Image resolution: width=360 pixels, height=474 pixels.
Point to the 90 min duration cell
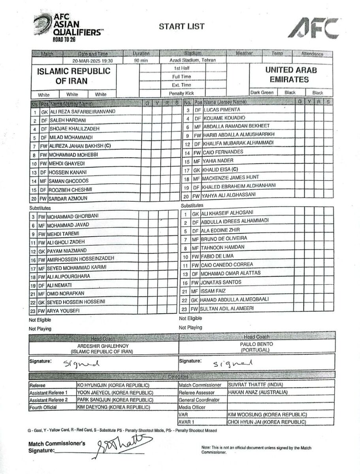pyautogui.click(x=141, y=61)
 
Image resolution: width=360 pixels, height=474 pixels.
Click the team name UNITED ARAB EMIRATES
pyautogui.click(x=291, y=75)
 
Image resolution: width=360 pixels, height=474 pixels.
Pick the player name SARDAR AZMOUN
pyautogui.click(x=68, y=198)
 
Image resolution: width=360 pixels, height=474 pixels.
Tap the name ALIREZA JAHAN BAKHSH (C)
pyautogui.click(x=79, y=146)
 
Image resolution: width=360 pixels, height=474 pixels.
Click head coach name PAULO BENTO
pyautogui.click(x=256, y=344)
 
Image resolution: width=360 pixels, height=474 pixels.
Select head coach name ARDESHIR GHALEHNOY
pyautogui.click(x=103, y=346)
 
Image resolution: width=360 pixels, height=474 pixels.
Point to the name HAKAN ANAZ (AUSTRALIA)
pyautogui.click(x=258, y=393)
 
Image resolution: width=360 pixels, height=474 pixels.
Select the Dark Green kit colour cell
pyautogui.click(x=262, y=92)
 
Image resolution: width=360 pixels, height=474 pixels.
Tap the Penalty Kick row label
pyautogui.click(x=181, y=93)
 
